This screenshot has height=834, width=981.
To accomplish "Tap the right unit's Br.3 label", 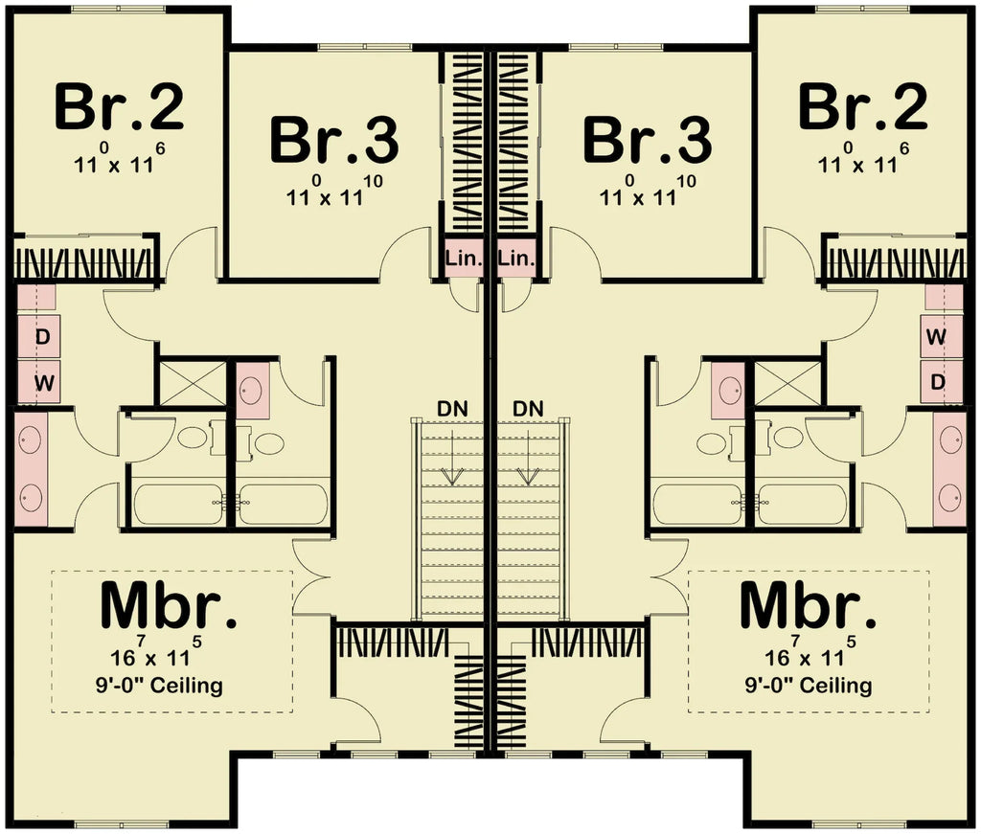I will (x=648, y=140).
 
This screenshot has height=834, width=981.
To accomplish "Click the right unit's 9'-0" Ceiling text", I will (x=809, y=686).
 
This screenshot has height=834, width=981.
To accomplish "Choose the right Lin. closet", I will (x=515, y=259).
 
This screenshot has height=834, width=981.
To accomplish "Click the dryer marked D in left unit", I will (x=42, y=337).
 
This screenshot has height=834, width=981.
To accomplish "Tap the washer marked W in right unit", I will (x=937, y=337).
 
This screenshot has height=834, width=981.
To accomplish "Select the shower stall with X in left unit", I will (x=191, y=383).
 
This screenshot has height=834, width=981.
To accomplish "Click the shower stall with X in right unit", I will (x=787, y=383).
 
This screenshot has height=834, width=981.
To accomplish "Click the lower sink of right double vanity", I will (x=949, y=497).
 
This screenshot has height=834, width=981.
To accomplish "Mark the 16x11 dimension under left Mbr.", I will (x=156, y=657).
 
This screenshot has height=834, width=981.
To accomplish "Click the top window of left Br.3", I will (x=351, y=47).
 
